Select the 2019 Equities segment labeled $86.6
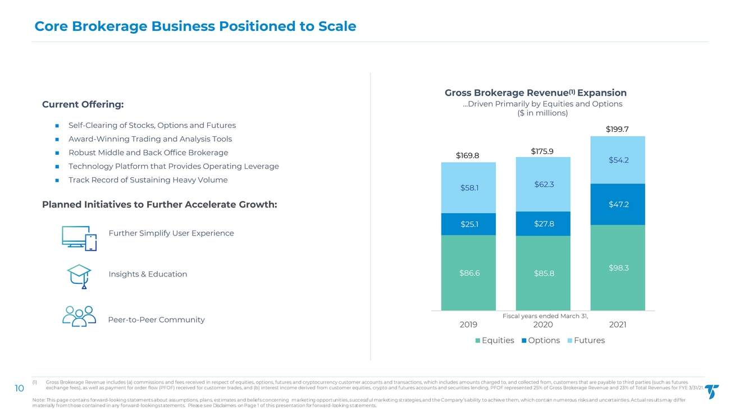468,273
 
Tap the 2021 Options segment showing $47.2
618,204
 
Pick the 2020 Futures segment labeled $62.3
543,184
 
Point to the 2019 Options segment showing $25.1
468,224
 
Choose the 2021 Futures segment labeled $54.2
618,160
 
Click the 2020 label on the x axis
543,325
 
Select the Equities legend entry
495,340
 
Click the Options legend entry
541,340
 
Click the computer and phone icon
79,239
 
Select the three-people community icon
79,317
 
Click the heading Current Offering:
83,105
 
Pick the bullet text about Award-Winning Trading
150,139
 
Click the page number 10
19,389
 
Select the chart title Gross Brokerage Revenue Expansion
535,93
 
